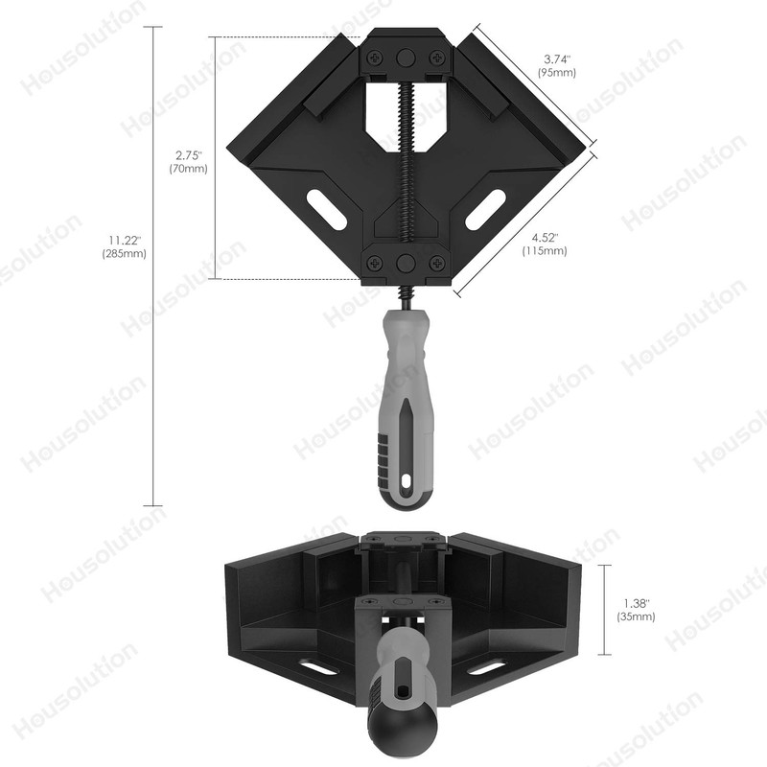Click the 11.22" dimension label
pyautogui.click(x=124, y=240)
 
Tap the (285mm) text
pyautogui.click(x=124, y=254)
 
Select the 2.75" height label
pyautogui.click(x=190, y=153)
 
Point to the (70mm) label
pyautogui.click(x=189, y=168)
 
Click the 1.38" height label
pyautogui.click(x=637, y=603)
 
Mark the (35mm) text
pyautogui.click(x=637, y=617)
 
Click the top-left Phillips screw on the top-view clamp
pyautogui.click(x=373, y=57)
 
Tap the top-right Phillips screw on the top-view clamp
pyautogui.click(x=437, y=57)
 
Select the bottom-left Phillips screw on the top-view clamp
pyautogui.click(x=373, y=263)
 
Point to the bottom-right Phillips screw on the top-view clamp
pyautogui.click(x=437, y=263)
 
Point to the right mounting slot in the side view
pyautogui.click(x=487, y=668)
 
